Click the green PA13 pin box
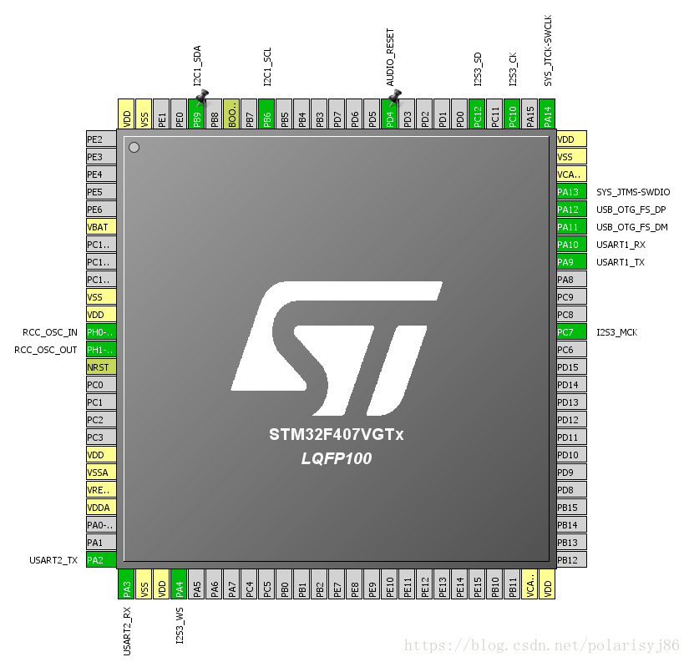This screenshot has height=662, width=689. tap(571, 192)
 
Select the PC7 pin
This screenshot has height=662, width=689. tap(571, 332)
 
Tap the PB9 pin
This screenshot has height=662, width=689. tap(197, 114)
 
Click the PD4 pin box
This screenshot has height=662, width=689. tap(389, 114)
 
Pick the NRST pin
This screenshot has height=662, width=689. tap(101, 367)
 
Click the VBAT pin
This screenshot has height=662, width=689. tap(101, 227)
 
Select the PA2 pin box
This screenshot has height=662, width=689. tap(101, 560)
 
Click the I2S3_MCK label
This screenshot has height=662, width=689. tap(616, 332)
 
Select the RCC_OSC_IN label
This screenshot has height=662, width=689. tap(50, 332)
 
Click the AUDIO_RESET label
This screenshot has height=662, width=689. tap(390, 58)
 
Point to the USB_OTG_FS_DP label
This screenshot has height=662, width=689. tap(631, 210)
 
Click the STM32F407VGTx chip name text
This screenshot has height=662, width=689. tap(337, 435)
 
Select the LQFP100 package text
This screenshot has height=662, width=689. tap(337, 458)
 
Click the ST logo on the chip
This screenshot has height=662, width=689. tap(337, 347)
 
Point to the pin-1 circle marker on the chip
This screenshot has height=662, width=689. tap(134, 148)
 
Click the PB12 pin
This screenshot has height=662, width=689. tap(571, 560)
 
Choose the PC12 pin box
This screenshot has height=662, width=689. tap(477, 114)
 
